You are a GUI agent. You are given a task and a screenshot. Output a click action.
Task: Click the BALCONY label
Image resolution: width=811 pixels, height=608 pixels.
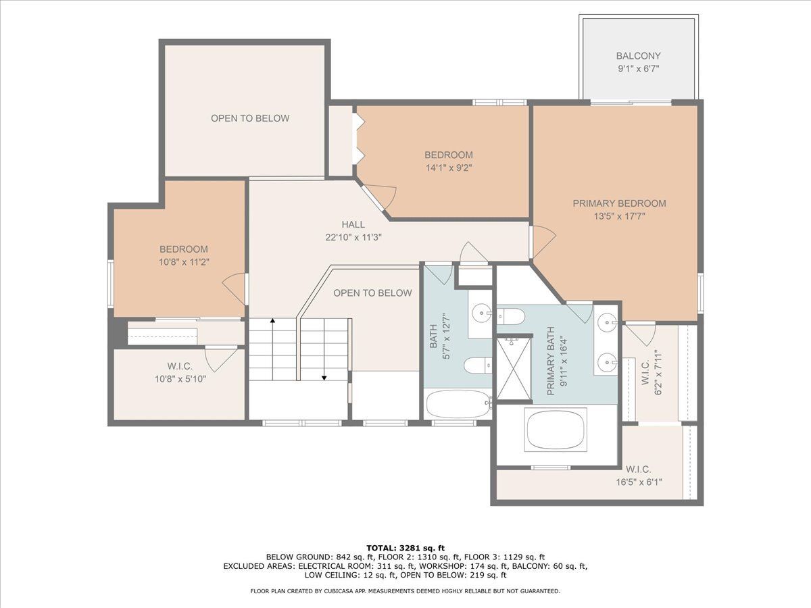click(x=638, y=56)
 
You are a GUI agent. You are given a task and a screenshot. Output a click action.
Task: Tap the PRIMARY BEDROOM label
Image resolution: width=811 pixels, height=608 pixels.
click(x=619, y=203)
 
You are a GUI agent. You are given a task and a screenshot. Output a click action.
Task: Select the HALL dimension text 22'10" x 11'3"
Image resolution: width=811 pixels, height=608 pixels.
click(x=353, y=237)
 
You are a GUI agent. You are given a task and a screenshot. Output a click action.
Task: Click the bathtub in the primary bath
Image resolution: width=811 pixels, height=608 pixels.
click(x=556, y=430)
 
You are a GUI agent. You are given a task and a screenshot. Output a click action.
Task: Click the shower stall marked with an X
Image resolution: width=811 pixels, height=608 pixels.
click(x=513, y=369)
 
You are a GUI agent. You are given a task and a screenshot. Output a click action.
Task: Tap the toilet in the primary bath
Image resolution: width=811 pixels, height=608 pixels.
click(x=511, y=316)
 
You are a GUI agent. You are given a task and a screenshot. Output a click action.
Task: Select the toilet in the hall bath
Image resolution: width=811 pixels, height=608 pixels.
click(x=477, y=365)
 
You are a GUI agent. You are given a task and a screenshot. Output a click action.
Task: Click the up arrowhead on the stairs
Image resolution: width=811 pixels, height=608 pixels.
click(x=272, y=320)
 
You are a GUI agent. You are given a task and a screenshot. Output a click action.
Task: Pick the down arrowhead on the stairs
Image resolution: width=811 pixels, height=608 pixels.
click(x=324, y=378)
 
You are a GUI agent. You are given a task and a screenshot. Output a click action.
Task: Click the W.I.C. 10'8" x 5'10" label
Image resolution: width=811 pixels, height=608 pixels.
click(x=180, y=372)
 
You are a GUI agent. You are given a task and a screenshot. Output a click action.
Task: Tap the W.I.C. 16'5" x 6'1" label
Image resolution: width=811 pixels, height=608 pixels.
click(x=639, y=476)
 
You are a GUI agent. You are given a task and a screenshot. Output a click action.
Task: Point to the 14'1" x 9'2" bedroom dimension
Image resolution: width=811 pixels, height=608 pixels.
click(x=449, y=168)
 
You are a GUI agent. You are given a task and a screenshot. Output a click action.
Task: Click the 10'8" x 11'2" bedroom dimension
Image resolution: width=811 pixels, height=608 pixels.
click(x=184, y=262)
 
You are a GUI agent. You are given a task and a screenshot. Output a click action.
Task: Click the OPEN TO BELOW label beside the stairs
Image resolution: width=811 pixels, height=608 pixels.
click(x=372, y=293)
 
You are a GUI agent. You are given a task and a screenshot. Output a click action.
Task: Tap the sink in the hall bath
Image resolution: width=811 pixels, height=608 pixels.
click(x=482, y=313)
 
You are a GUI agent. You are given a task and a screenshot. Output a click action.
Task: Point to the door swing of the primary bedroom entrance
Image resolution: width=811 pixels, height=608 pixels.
click(x=543, y=242)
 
